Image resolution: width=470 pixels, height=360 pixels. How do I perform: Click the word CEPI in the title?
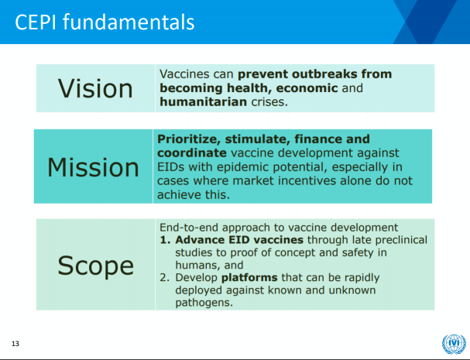(x=36, y=22)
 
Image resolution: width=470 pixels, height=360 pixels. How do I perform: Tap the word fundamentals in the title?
(x=129, y=22)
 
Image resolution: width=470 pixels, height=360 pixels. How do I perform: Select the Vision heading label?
(x=95, y=88)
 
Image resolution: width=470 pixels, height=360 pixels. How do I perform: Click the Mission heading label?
(x=93, y=167)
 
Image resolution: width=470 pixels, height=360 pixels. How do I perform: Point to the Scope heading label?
(x=95, y=266)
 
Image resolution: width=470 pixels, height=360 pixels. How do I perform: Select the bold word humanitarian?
(x=203, y=101)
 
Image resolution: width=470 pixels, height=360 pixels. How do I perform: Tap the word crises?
(x=269, y=102)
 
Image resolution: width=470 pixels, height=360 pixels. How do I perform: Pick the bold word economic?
(x=307, y=87)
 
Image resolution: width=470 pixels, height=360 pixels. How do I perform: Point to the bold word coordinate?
(x=192, y=153)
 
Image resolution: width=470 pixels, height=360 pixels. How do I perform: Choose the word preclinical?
(x=401, y=240)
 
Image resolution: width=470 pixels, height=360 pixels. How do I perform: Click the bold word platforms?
(x=249, y=278)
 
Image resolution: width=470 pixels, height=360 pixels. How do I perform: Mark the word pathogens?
(x=204, y=303)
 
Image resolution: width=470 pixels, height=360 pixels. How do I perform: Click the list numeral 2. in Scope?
(x=165, y=278)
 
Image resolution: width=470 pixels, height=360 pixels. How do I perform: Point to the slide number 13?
(x=15, y=344)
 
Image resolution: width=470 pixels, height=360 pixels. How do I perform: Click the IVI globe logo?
(x=454, y=345)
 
